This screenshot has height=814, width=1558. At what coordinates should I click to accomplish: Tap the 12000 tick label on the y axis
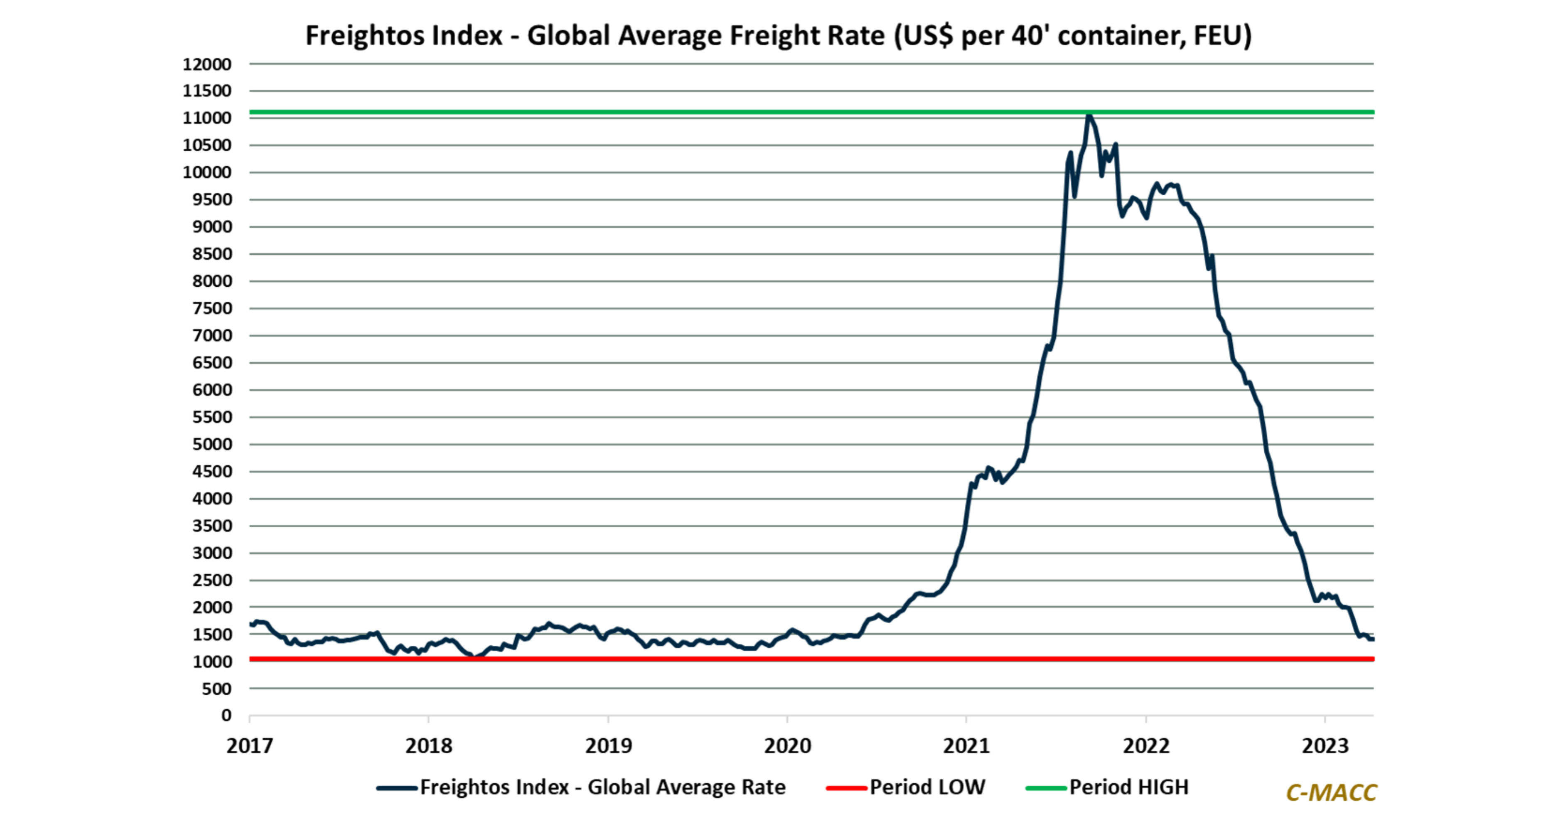(x=207, y=64)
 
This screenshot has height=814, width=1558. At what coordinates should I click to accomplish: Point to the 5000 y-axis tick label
(x=212, y=445)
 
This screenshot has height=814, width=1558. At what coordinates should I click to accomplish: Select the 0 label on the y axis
(x=226, y=716)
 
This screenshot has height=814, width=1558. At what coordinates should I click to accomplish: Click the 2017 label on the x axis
(x=249, y=746)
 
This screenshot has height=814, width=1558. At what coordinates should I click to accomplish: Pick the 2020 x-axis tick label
(x=787, y=746)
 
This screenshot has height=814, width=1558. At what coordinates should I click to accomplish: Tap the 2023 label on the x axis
(x=1325, y=746)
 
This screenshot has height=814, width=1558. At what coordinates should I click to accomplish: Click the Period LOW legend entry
(x=927, y=787)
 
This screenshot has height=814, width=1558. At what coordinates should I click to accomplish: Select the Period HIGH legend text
(x=1128, y=787)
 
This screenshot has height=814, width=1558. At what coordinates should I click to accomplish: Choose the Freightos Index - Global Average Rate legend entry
(x=602, y=787)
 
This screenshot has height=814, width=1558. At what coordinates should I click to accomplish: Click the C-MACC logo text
(x=1331, y=793)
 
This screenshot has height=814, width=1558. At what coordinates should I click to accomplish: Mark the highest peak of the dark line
(x=1089, y=115)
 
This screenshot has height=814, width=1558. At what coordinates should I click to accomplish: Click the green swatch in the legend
(x=1046, y=788)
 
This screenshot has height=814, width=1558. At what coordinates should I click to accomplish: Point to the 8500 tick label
(x=212, y=254)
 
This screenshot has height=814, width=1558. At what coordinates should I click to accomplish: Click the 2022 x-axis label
(x=1146, y=746)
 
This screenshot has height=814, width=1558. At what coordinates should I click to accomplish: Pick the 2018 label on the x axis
(x=429, y=746)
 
